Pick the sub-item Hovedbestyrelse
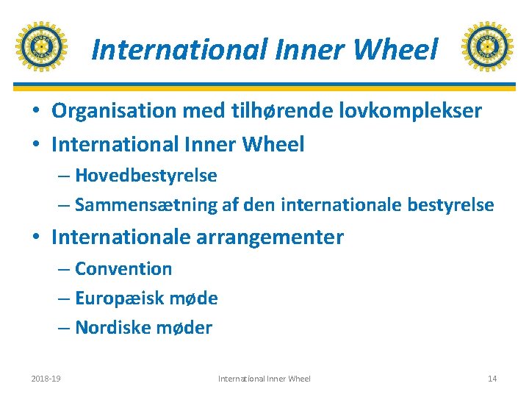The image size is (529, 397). coord(145,176)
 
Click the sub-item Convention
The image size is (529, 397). coord(123,269)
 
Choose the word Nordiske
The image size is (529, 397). coord(110,328)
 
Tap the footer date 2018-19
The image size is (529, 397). coord(46,379)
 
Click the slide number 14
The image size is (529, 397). coord(492,379)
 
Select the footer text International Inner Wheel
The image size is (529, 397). coord(264,379)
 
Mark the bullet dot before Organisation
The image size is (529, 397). coord(35,112)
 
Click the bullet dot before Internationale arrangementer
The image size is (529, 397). coord(35,238)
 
